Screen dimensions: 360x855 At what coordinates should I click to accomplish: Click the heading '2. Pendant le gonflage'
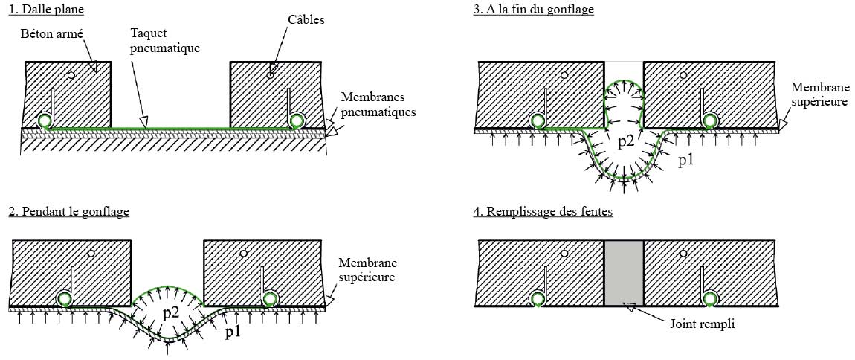pyautogui.click(x=68, y=212)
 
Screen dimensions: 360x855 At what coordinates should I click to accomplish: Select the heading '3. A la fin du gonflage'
pyautogui.click(x=533, y=10)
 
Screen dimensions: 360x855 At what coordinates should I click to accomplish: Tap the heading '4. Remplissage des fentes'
pyautogui.click(x=543, y=212)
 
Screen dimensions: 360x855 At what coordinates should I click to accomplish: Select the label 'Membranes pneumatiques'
pyautogui.click(x=377, y=105)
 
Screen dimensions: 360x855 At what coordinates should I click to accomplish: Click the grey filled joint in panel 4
pyautogui.click(x=623, y=273)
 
